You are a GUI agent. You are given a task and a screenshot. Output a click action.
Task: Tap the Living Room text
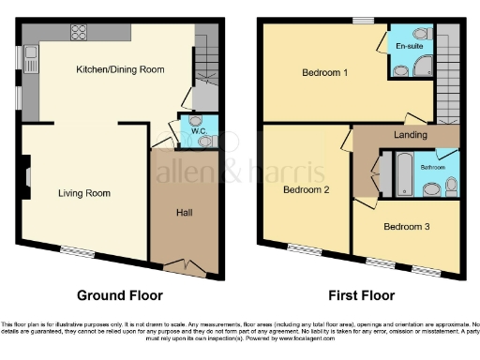[x=84, y=194]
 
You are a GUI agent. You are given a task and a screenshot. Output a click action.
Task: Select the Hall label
[x=185, y=212]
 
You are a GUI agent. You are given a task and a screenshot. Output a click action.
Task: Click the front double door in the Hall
[x=190, y=266]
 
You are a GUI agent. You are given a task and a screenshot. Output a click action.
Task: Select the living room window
[x=77, y=249]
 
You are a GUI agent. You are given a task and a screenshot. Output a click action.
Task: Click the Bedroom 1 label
[x=324, y=72]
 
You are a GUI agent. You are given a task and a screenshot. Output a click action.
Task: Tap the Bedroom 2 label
[x=306, y=189]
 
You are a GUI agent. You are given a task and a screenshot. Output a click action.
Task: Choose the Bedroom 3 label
[x=406, y=226]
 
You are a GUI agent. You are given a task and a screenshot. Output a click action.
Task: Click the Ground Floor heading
[x=115, y=295]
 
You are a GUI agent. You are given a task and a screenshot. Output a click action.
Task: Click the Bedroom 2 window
[x=303, y=248]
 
